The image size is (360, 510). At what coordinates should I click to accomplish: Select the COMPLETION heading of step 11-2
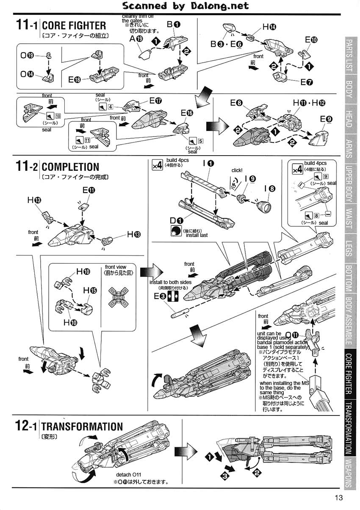[x=70, y=167]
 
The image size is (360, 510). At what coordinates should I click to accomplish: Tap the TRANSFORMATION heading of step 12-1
[x=82, y=426]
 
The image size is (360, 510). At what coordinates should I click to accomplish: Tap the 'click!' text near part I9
[x=237, y=170]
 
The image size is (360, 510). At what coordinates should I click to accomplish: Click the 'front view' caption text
[x=115, y=267]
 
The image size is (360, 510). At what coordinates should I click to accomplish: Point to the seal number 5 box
[x=200, y=141]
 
